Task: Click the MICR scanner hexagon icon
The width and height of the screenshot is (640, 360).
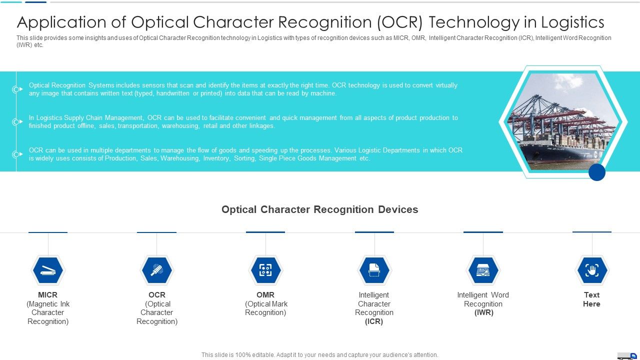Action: (x=48, y=270)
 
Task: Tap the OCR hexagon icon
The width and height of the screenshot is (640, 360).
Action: (x=156, y=270)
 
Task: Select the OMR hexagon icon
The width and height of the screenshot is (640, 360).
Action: (x=265, y=270)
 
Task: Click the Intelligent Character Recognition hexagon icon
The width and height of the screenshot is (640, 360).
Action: (x=374, y=270)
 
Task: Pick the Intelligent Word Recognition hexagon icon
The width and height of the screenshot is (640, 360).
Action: (x=483, y=270)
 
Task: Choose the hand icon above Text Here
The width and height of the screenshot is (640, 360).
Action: (x=592, y=270)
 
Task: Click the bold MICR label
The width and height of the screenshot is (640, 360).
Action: (x=48, y=295)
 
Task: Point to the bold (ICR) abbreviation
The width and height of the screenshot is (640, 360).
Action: (x=374, y=321)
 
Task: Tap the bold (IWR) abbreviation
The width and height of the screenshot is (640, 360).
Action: (x=483, y=312)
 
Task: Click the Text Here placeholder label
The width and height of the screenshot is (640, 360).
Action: (x=591, y=299)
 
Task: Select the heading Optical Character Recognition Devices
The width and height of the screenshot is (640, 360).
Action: (x=319, y=209)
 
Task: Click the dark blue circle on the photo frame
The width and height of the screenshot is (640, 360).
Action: (x=597, y=172)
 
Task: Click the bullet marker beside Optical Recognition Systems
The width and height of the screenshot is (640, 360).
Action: (x=17, y=89)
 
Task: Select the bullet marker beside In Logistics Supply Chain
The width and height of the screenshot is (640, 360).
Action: (x=17, y=122)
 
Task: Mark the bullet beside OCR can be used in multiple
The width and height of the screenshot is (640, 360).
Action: (x=17, y=154)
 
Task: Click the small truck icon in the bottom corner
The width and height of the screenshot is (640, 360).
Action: (x=627, y=355)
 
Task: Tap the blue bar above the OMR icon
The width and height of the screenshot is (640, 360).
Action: (x=265, y=232)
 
